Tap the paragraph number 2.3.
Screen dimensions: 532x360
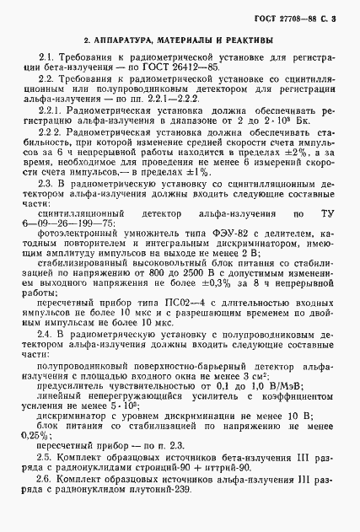[x=49, y=183]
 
